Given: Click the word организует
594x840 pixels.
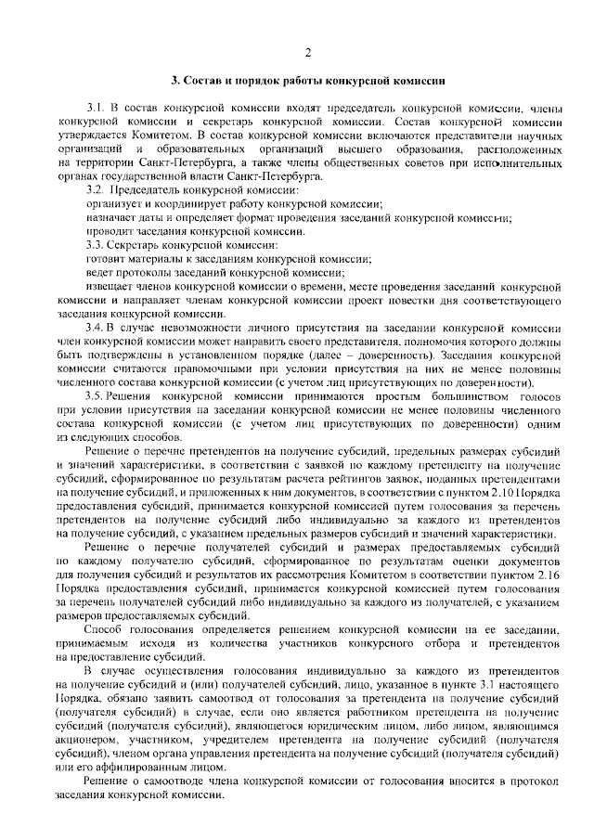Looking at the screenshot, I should click(x=111, y=203).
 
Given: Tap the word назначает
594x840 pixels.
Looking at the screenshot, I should click(x=110, y=217).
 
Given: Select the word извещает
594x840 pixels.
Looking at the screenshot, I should click(x=109, y=287).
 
